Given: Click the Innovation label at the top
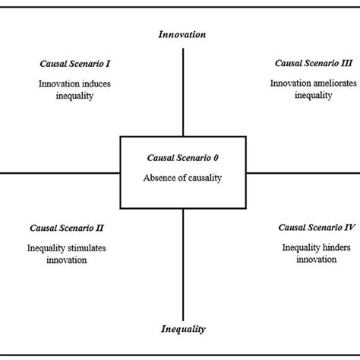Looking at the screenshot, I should pos(182,34).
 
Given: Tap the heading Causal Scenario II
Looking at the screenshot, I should pos(67,227).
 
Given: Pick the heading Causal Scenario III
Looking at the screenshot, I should pos(301,64).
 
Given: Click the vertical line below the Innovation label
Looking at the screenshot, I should pos(183,91).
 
